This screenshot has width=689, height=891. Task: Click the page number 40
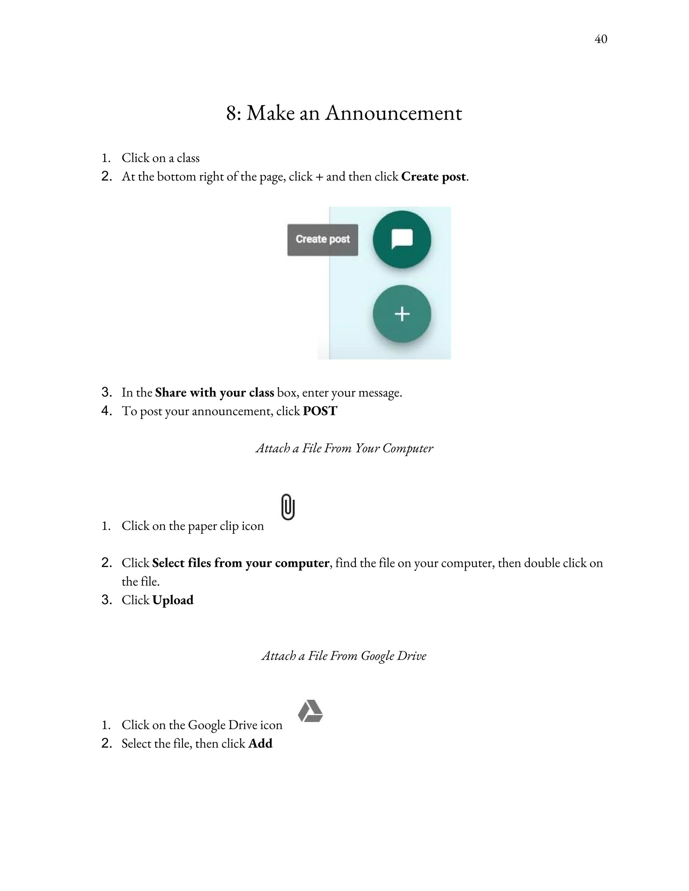click(601, 39)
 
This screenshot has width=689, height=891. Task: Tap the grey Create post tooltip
click(322, 239)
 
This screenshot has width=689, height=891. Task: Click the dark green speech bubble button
click(402, 239)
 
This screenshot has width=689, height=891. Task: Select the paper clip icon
click(288, 507)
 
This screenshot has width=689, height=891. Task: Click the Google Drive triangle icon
click(310, 711)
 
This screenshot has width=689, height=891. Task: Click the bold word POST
click(320, 411)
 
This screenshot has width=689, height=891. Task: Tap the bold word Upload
click(173, 600)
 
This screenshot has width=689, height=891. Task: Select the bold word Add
click(260, 743)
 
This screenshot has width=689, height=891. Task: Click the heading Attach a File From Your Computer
click(344, 448)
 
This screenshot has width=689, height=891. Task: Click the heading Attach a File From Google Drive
click(344, 656)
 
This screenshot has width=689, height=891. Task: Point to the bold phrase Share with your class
click(214, 392)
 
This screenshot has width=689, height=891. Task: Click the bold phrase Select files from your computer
click(241, 563)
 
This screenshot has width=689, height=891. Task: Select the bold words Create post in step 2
click(433, 177)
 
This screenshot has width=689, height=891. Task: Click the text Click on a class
click(160, 158)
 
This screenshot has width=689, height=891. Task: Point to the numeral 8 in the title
click(231, 113)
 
